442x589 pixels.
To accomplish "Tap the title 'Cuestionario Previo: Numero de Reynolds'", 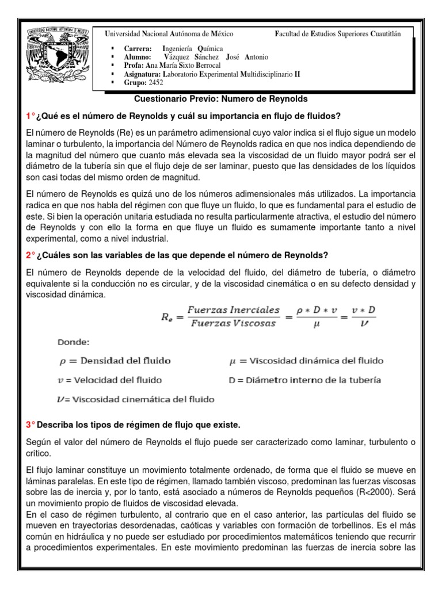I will [x=221, y=99].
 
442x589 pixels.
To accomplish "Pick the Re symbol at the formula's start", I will [x=166, y=316].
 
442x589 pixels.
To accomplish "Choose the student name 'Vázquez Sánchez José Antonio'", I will [x=215, y=58].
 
